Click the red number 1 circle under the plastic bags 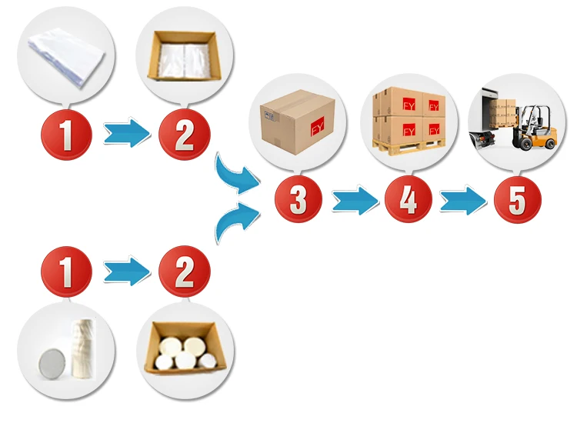[x=66, y=135]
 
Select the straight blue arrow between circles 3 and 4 [x=355, y=202]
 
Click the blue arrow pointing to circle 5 [x=463, y=202]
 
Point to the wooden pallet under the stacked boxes [x=408, y=143]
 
